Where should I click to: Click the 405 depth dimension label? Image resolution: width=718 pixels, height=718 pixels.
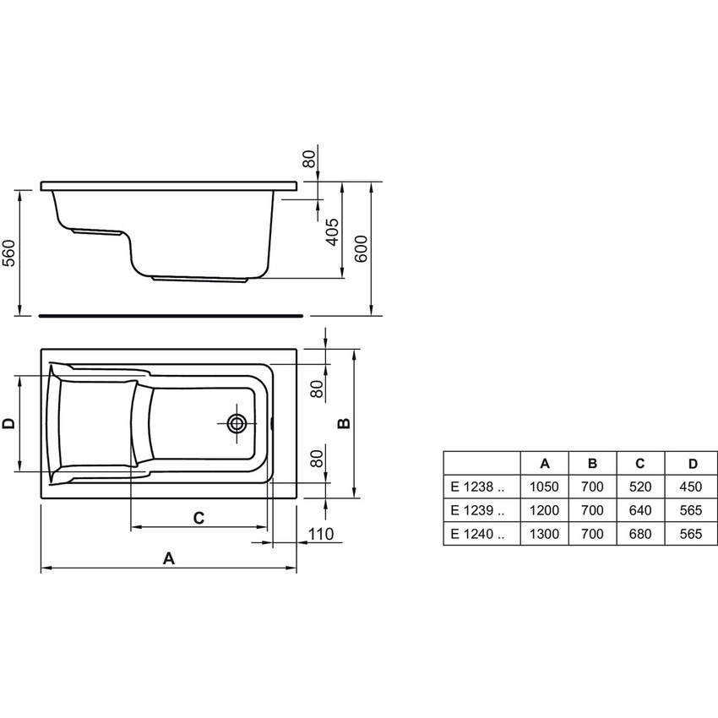point(332,231)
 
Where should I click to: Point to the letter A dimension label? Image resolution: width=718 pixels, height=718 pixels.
point(168,558)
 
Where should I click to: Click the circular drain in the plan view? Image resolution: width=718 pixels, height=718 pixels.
point(237,423)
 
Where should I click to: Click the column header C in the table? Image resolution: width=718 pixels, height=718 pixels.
point(640,463)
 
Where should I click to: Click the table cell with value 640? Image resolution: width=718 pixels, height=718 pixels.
point(640,510)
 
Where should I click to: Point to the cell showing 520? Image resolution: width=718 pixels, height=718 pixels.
point(640,487)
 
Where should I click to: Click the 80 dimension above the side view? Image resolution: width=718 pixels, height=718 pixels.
point(309,158)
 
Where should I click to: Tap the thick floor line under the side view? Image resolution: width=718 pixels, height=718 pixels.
point(169,313)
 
